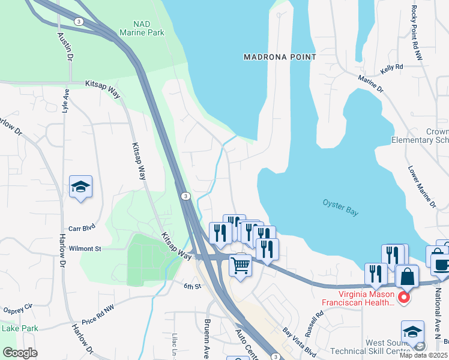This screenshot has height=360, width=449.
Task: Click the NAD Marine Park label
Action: (x=142, y=28)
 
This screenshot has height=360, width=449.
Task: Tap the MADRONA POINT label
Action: (x=279, y=57)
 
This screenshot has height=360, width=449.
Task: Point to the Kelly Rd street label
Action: (x=390, y=68)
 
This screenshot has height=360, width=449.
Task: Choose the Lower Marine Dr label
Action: (x=421, y=187)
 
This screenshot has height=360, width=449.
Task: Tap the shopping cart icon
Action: (x=240, y=264)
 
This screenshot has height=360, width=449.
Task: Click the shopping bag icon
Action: (x=406, y=277)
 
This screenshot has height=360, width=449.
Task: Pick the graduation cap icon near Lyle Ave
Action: (x=80, y=186)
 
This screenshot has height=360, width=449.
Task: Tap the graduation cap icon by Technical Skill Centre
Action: (x=412, y=332)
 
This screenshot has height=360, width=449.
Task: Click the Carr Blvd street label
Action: (x=82, y=229)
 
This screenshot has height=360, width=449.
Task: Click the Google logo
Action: (x=20, y=353)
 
